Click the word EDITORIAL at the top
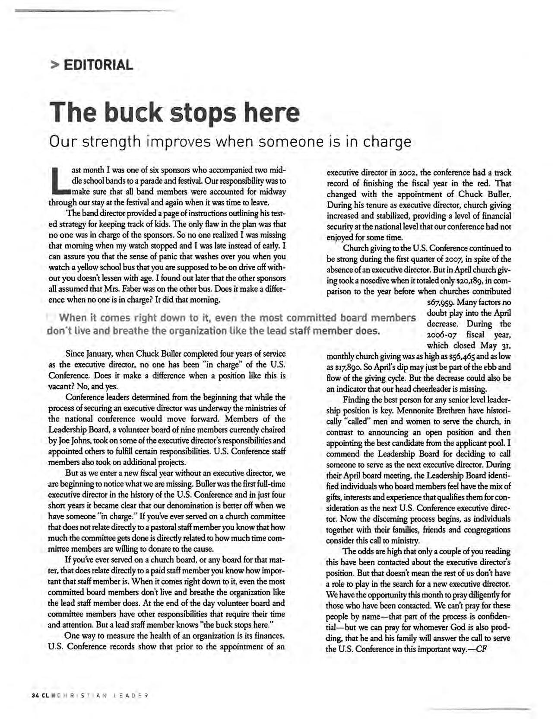[x=98, y=65]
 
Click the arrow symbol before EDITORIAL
[x=54, y=66]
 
